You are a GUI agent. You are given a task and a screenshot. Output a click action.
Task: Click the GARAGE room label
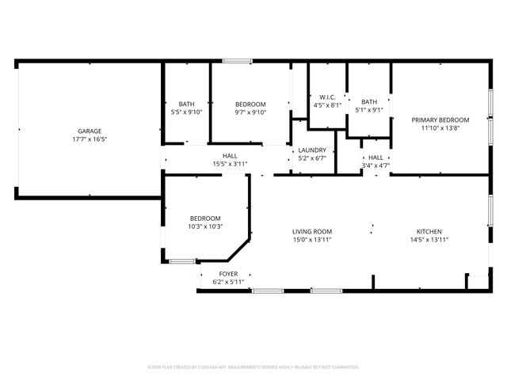point(90,131)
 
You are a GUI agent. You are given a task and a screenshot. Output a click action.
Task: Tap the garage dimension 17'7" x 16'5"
point(90,139)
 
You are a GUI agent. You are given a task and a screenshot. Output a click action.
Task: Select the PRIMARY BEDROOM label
point(440,120)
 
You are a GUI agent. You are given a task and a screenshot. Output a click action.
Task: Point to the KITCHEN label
point(429,231)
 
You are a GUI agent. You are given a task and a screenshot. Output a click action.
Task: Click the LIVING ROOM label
point(311,231)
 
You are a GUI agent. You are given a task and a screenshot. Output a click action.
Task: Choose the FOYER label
point(229,274)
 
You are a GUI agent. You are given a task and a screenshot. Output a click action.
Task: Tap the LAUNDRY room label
point(312,150)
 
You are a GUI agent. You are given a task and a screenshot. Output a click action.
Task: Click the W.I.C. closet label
point(327,97)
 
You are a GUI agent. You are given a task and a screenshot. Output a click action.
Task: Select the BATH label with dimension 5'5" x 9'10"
point(186,104)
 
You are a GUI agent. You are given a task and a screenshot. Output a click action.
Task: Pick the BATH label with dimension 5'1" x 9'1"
point(369,101)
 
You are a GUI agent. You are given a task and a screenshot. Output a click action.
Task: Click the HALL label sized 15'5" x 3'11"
point(230,156)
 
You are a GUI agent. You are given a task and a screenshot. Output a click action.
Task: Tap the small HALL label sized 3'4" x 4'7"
point(375,158)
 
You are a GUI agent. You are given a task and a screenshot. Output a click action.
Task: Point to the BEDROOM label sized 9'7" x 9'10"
point(250,104)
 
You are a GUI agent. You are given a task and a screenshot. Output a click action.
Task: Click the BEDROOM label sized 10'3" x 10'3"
point(204,218)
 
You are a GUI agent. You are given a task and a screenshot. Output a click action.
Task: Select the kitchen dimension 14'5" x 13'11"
point(429,239)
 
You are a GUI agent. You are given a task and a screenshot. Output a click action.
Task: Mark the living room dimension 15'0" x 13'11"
point(311,239)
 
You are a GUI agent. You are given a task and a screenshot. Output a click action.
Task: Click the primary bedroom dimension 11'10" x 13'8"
point(440,127)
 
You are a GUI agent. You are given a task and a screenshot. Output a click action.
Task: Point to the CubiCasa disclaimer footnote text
point(253,367)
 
